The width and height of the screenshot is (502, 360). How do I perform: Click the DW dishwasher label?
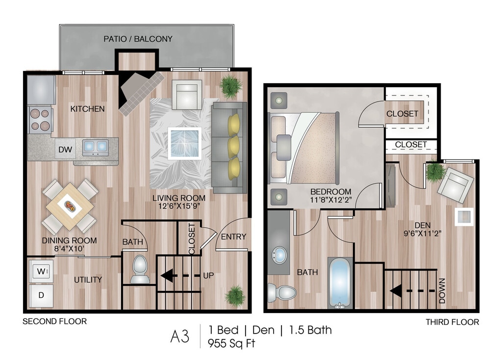pyautogui.click(x=65, y=149)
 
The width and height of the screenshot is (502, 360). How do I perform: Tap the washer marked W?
pyautogui.click(x=41, y=271)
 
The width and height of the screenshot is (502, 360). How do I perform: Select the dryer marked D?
pyautogui.click(x=41, y=295)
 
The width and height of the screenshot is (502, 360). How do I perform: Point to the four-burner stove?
pyautogui.click(x=40, y=120)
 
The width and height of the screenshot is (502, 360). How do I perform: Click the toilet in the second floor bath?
pyautogui.click(x=140, y=269)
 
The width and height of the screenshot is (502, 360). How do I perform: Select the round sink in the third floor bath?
pyautogui.click(x=279, y=255)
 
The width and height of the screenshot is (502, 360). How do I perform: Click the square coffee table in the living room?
pyautogui.click(x=184, y=143)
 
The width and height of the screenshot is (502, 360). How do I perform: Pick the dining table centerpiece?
pyautogui.click(x=70, y=206)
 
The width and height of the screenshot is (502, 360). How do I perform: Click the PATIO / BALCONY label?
pyautogui.click(x=138, y=39)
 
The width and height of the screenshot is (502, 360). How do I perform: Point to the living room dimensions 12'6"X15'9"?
pyautogui.click(x=179, y=206)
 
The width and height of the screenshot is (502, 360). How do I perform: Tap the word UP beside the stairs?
pyautogui.click(x=208, y=276)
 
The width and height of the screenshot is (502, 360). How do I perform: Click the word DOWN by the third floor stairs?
pyautogui.click(x=442, y=291)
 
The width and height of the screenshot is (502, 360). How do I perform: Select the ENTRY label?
pyautogui.click(x=233, y=237)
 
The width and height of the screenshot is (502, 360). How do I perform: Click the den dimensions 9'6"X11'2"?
pyautogui.click(x=422, y=234)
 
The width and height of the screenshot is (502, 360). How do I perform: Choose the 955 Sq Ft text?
pyautogui.click(x=231, y=343)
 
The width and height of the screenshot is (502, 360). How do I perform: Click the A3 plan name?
pyautogui.click(x=179, y=336)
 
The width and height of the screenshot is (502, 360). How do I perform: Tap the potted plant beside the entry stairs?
pyautogui.click(x=235, y=296)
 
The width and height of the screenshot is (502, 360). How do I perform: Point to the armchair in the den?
pyautogui.click(x=455, y=185)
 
